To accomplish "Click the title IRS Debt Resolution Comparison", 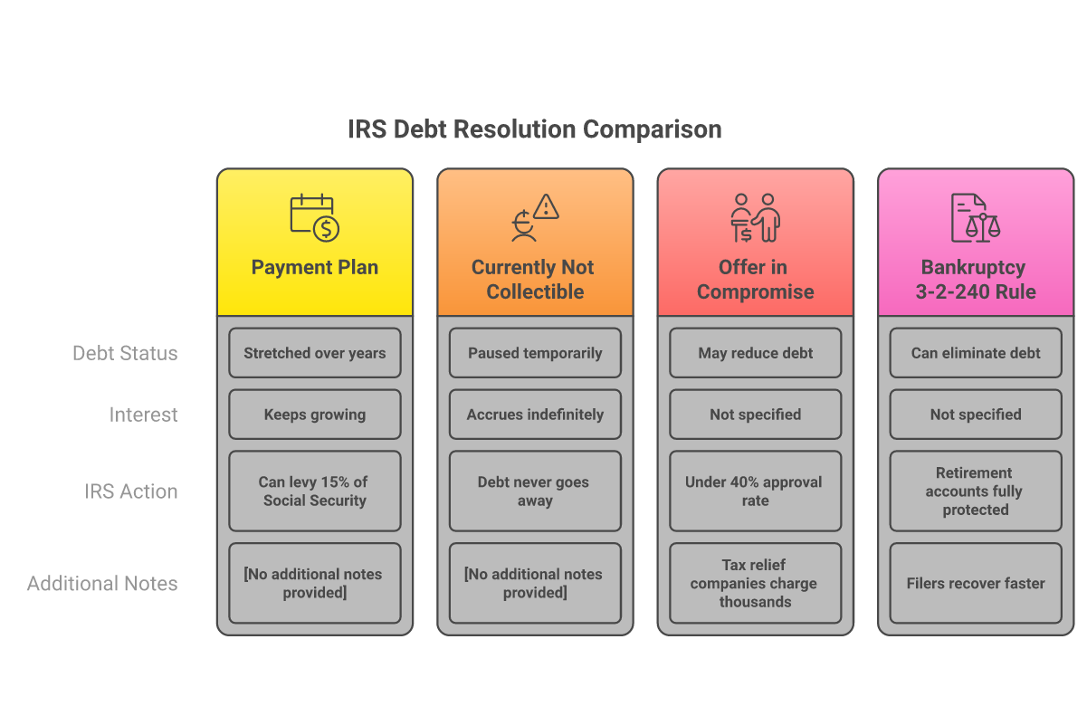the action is (535, 129).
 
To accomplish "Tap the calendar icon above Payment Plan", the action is (314, 217).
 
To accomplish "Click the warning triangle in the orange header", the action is (546, 206).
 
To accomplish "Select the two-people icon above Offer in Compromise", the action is (756, 217).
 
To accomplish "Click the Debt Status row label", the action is (125, 353).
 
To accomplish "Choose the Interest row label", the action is (143, 415).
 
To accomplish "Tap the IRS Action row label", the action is (131, 491).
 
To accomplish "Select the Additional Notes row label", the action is (102, 583).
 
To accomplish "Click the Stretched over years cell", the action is (315, 353).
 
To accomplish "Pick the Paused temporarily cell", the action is (535, 353).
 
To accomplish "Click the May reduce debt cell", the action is (756, 353).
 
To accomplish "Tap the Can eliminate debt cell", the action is (976, 353).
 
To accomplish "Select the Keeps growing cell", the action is (315, 415).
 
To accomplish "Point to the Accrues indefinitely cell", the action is (535, 415).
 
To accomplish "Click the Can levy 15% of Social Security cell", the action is (315, 491).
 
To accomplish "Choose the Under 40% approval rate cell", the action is (756, 491).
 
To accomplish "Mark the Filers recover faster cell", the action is (976, 583).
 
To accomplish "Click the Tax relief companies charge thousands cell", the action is (756, 583).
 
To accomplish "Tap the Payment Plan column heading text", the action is (314, 267).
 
